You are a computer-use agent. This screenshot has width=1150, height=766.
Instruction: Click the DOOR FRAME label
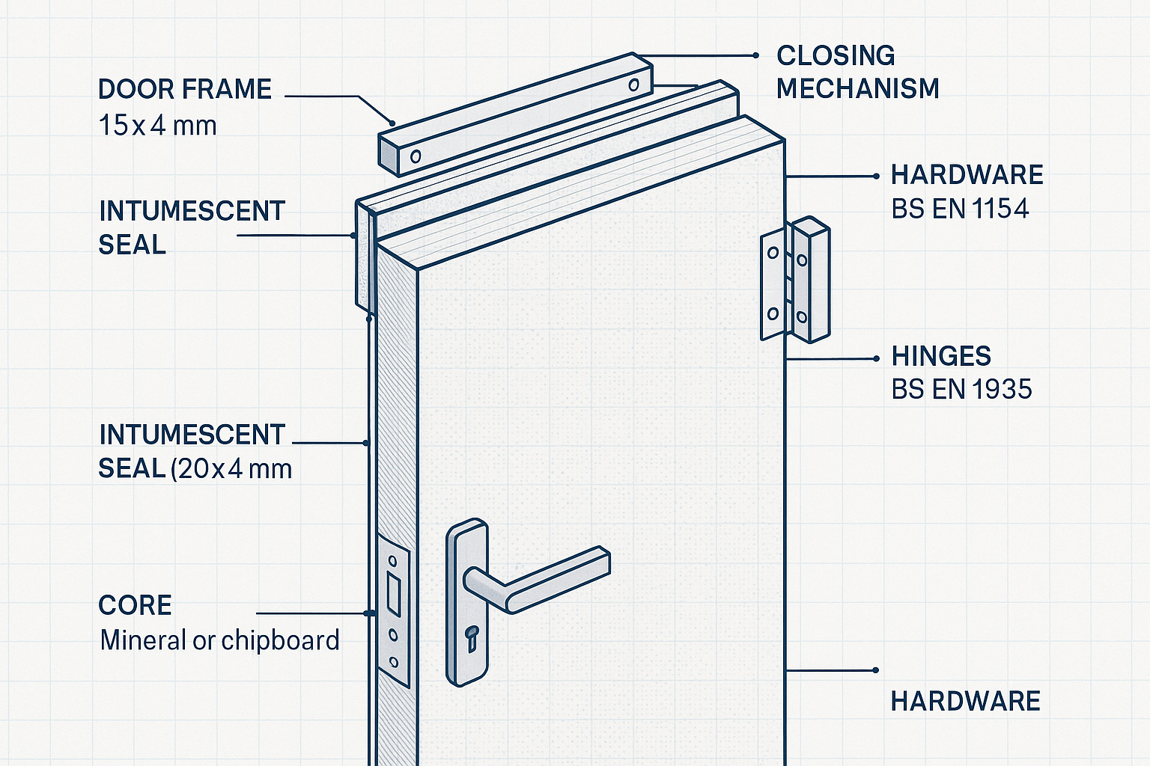(x=184, y=89)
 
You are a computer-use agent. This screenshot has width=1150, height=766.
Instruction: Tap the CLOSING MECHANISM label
(x=857, y=72)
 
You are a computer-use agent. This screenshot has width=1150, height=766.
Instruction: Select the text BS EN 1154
(x=960, y=209)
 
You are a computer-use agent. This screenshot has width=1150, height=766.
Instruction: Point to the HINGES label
(x=941, y=355)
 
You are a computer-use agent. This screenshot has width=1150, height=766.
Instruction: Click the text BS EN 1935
(x=961, y=389)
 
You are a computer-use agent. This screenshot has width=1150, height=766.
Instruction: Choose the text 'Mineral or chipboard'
(x=219, y=640)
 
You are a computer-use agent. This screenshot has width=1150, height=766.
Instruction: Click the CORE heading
(x=135, y=605)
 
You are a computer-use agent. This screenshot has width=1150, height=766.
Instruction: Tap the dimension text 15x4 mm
(x=157, y=125)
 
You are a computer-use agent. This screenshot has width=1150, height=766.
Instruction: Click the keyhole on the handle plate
(x=472, y=637)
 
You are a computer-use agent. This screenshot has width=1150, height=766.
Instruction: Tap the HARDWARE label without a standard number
(x=965, y=701)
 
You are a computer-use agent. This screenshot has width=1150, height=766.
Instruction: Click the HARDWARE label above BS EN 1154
(x=967, y=175)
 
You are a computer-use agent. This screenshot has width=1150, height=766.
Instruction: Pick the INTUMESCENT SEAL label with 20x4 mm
(x=195, y=451)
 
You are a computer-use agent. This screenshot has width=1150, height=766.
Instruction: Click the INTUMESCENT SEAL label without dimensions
(x=192, y=227)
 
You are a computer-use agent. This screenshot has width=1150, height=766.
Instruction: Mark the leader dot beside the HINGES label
(x=877, y=359)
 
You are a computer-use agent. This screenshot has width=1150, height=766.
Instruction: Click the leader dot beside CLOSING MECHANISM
(x=755, y=55)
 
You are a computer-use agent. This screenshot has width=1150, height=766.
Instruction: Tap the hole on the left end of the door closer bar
(x=416, y=156)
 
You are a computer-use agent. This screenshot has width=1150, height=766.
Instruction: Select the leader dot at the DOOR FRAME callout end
(x=392, y=123)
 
